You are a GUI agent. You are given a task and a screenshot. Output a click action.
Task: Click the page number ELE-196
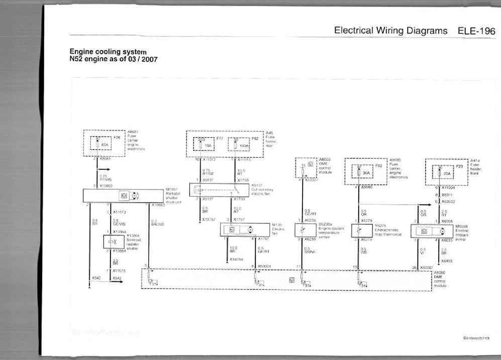pyautogui.click(x=476, y=31)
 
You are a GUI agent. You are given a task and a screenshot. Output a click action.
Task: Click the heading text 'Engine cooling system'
pyautogui.click(x=108, y=52)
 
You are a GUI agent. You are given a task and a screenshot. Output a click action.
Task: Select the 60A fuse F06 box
pyautogui.click(x=104, y=144)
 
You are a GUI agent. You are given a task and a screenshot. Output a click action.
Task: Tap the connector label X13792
pyautogui.click(x=209, y=219)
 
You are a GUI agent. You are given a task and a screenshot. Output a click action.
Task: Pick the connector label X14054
pyautogui.click(x=237, y=259)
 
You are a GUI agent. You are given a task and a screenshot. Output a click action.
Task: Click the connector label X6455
pyautogui.click(x=447, y=261)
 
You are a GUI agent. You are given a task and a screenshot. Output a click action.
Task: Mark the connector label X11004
pyautogui.click(x=448, y=187)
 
